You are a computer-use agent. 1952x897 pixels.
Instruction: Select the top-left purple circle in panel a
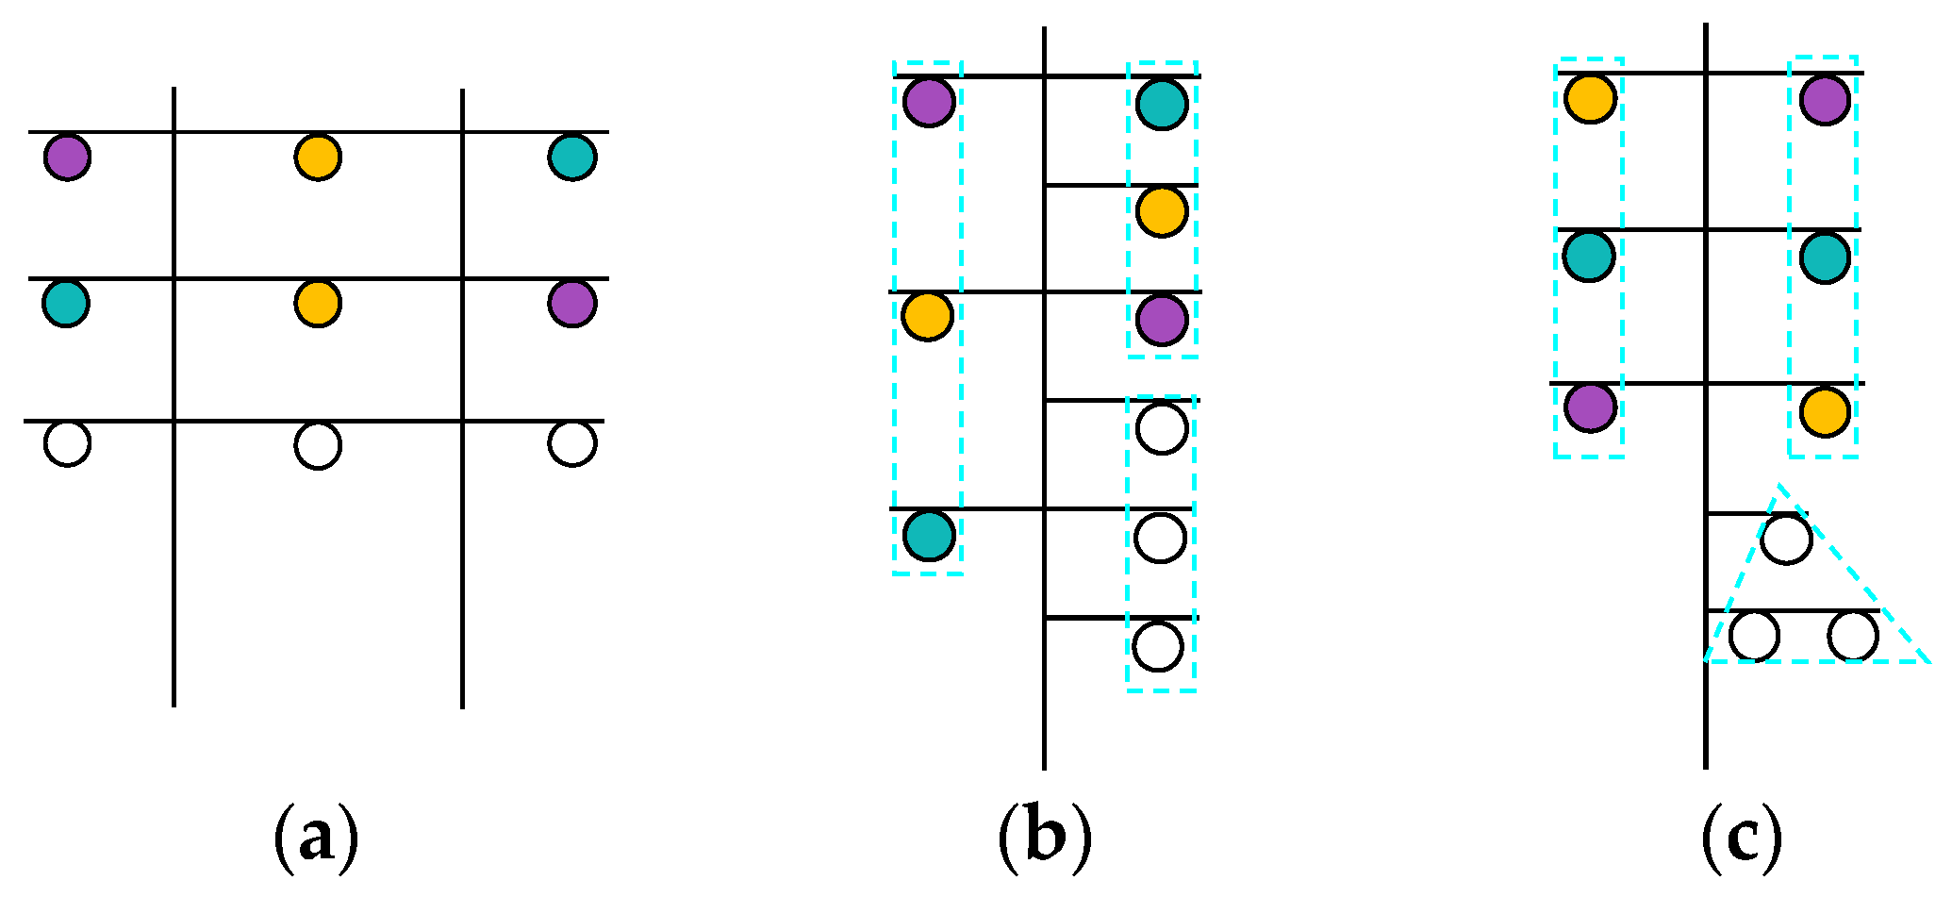(x=68, y=157)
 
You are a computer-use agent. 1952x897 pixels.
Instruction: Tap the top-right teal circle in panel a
(x=572, y=157)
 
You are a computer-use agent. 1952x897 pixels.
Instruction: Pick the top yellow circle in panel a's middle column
(x=318, y=157)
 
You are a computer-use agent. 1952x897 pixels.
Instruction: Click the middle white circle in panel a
(x=318, y=445)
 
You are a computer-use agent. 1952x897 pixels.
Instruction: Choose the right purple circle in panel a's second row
(x=572, y=304)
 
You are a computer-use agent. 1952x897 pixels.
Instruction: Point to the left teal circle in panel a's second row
(x=66, y=304)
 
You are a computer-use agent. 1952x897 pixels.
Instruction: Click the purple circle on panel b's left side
(x=929, y=101)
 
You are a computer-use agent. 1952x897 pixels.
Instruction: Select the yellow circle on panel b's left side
(x=928, y=316)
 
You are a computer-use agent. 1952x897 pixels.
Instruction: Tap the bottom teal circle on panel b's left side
(x=929, y=535)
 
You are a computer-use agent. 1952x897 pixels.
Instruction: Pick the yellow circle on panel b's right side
(x=1162, y=211)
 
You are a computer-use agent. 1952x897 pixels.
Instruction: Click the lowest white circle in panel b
(x=1158, y=646)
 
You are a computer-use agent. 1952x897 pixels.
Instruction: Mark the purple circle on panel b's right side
(x=1162, y=320)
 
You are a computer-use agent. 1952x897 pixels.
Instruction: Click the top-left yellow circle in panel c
(x=1591, y=97)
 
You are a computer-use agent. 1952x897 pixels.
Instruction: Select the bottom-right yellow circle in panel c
(x=1825, y=412)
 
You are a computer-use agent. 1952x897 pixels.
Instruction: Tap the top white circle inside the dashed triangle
(x=1786, y=539)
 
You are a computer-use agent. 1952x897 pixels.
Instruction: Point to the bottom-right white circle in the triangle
(x=1853, y=636)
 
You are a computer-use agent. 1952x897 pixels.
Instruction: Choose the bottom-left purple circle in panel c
(x=1591, y=407)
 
